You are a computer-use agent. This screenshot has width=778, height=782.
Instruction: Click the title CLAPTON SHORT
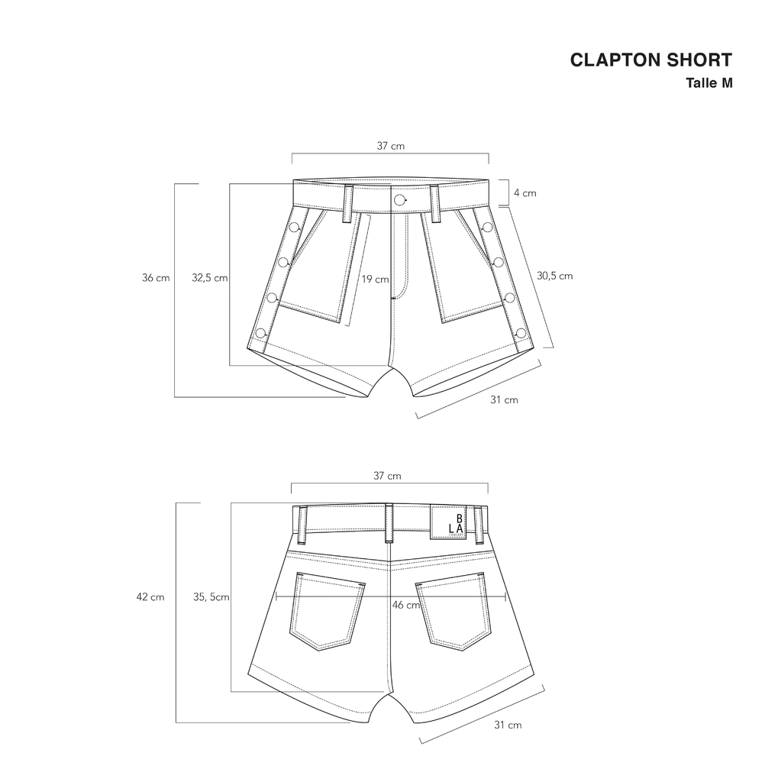tap(650, 60)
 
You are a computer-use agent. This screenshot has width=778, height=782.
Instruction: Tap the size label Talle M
tap(709, 82)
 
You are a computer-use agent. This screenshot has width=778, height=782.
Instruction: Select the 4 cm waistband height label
tap(525, 193)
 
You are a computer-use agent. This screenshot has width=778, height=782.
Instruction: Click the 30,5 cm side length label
tap(554, 276)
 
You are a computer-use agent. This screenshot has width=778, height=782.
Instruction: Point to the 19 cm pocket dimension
tap(375, 280)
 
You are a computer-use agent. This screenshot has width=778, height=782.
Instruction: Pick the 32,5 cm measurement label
tap(209, 278)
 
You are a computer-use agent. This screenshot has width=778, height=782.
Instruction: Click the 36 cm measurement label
tap(156, 278)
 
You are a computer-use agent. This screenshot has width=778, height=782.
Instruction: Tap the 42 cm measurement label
tap(150, 597)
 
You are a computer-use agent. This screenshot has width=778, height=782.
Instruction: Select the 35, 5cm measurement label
tap(211, 597)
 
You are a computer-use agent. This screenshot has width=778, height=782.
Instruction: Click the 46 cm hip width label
tap(406, 605)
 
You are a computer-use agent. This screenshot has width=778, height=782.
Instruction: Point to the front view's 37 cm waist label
tap(390, 146)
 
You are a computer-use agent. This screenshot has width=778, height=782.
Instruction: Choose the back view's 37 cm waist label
tap(387, 476)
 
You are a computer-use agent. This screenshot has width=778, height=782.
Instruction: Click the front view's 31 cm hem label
tap(504, 400)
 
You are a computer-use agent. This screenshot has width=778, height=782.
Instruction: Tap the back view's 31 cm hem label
tap(508, 725)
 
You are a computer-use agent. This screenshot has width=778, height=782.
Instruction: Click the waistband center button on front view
tap(399, 201)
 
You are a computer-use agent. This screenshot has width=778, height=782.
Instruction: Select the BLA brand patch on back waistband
tap(447, 522)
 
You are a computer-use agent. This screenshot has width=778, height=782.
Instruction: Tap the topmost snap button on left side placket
tap(294, 228)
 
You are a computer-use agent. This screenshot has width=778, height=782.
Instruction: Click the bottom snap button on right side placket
tap(521, 333)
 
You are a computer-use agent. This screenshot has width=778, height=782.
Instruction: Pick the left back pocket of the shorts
tap(328, 611)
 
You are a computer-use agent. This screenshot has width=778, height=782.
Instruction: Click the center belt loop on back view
tap(389, 524)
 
